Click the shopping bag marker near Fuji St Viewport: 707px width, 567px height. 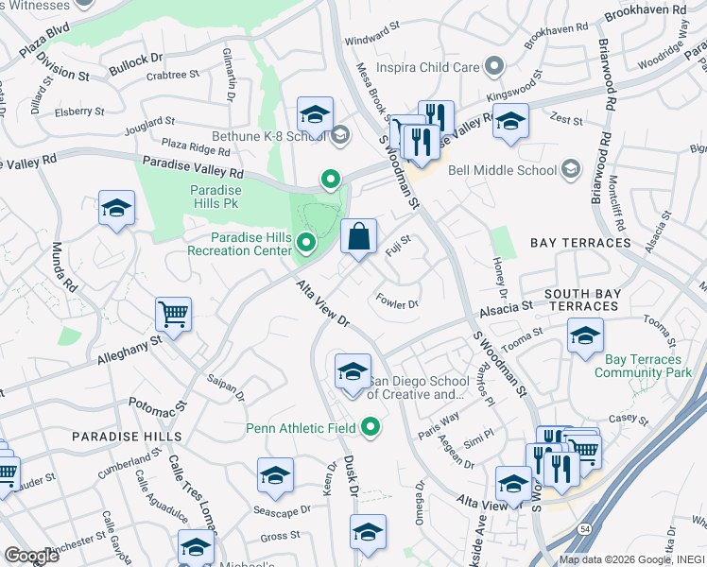[358, 237]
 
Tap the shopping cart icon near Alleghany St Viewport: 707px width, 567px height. [173, 314]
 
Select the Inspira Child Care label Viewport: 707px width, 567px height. [427, 67]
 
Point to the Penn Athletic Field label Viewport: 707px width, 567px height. [301, 428]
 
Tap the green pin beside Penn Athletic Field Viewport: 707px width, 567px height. [371, 428]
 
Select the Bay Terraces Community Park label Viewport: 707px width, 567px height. [643, 367]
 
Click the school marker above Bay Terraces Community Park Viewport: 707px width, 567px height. [585, 336]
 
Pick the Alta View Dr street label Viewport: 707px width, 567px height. [323, 303]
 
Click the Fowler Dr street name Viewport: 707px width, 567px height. [397, 303]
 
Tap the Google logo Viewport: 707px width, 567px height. [31, 556]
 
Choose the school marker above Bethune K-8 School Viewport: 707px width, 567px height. [315, 115]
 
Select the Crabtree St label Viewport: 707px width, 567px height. [173, 74]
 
